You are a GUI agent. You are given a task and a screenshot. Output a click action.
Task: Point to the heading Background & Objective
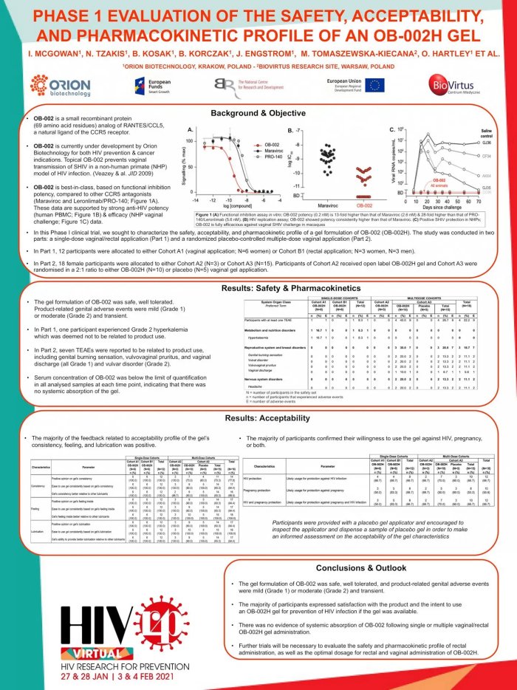[258, 113]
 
